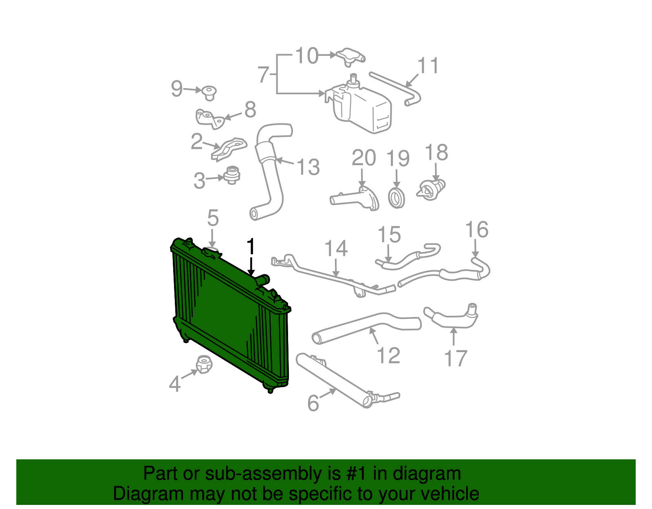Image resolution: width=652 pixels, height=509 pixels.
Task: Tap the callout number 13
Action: [308, 167]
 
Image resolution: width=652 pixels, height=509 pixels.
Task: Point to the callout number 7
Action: [264, 75]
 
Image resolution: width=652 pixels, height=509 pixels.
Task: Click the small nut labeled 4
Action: [203, 364]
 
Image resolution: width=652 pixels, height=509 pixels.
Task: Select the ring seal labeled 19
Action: [396, 198]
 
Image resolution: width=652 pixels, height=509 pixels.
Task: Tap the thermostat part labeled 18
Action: [431, 190]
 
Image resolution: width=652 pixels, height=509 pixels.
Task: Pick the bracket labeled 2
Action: [229, 149]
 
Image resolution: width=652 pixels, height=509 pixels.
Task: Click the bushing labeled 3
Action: [232, 175]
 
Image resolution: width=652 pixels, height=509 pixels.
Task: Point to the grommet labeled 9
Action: [209, 93]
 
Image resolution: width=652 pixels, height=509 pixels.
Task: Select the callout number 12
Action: [388, 355]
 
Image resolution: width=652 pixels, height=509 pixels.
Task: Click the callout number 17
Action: [455, 359]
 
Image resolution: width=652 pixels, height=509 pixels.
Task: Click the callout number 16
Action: [477, 230]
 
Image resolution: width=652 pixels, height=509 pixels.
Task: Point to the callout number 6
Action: [313, 403]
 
